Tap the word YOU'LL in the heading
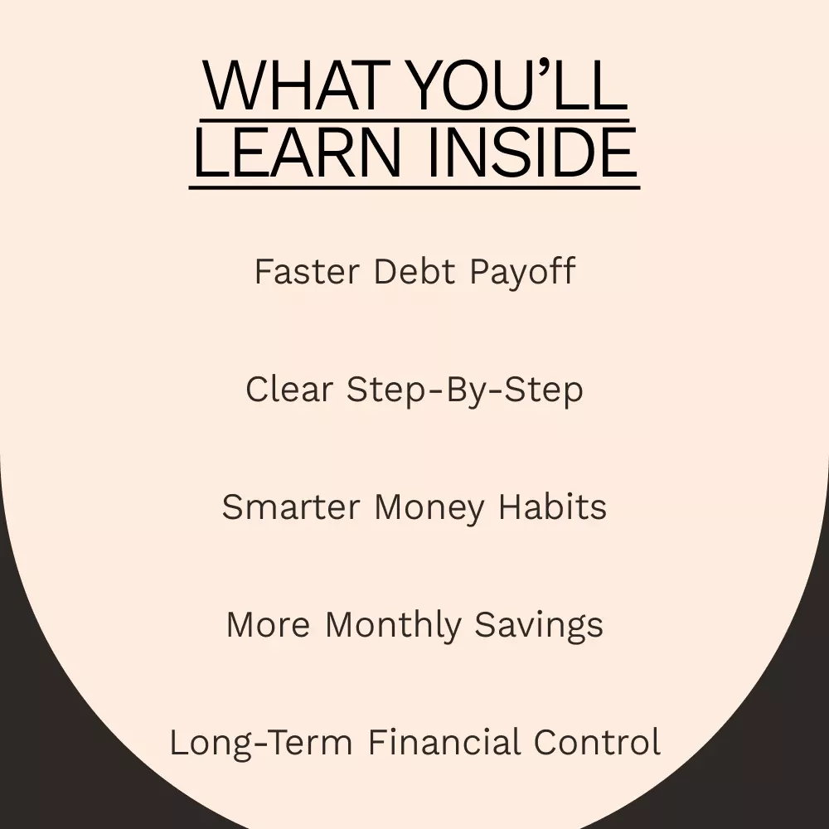(519, 85)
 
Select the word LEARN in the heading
(298, 153)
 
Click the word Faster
(308, 271)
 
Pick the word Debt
(414, 271)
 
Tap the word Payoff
(522, 272)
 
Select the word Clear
(289, 389)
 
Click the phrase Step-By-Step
(465, 390)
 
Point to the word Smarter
(291, 507)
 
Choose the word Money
(429, 508)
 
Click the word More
(268, 625)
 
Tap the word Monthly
(393, 625)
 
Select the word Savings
(539, 626)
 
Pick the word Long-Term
(260, 743)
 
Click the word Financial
(444, 741)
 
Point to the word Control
(597, 742)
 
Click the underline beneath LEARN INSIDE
(414, 187)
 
